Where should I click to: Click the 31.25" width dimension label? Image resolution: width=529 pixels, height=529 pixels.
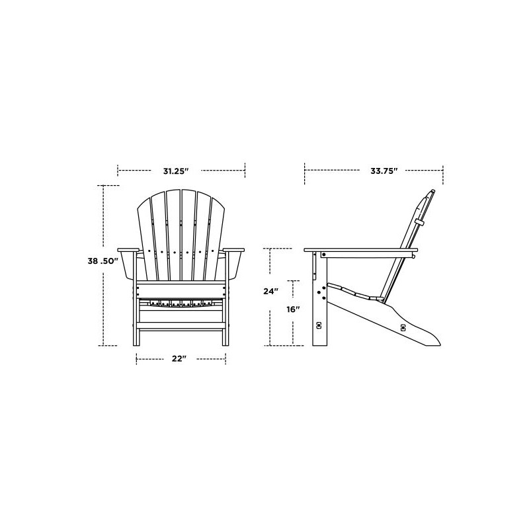(x=177, y=171)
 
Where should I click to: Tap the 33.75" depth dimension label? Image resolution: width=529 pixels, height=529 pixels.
(x=384, y=171)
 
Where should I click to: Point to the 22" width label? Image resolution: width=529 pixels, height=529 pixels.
(x=179, y=358)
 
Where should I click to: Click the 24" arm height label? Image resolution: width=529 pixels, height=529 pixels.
(x=270, y=291)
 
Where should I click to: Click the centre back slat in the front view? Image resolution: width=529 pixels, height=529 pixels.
(x=181, y=238)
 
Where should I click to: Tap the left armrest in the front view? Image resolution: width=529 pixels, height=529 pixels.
(x=128, y=250)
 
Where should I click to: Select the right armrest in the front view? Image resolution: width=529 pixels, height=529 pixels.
(x=233, y=250)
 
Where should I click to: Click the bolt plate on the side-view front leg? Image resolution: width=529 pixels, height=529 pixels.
(x=319, y=325)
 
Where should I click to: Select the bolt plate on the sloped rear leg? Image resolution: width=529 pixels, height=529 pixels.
(x=402, y=327)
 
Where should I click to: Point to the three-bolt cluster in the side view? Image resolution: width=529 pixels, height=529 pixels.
(x=322, y=291)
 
